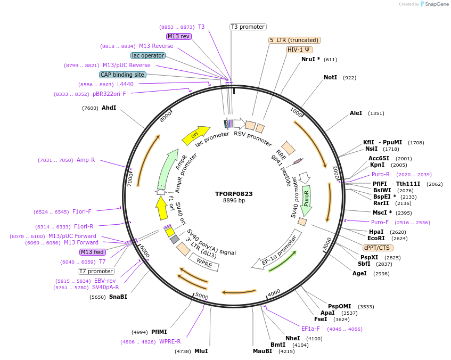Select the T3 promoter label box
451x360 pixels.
point(248,27)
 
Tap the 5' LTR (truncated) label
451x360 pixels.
point(294,40)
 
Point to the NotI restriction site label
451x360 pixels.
point(330,78)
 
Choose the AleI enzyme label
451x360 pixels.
point(356,113)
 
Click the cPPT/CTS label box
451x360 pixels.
point(378,248)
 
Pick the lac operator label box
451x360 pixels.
point(147,55)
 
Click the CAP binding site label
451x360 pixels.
point(122,75)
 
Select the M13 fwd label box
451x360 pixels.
point(93,252)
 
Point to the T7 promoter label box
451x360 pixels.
point(96,271)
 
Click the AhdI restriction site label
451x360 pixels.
point(109,108)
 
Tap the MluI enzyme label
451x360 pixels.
point(201,351)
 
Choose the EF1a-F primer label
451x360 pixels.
point(310,329)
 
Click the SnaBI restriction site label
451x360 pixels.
point(118,297)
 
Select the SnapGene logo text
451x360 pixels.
point(434,4)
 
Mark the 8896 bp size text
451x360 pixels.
point(234,201)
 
